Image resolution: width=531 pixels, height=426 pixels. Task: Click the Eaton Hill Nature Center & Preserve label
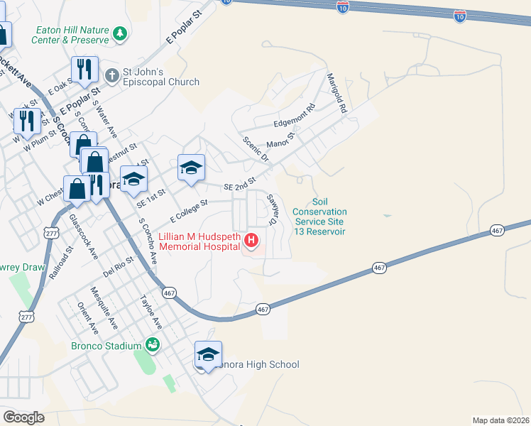pos(70,35)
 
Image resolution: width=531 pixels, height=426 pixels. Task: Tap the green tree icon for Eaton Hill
pos(121,33)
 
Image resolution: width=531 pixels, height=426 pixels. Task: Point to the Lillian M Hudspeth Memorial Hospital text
pos(199,241)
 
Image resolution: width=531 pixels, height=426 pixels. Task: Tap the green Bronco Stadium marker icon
pos(151,346)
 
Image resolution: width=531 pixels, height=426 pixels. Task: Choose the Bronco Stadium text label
pos(106,346)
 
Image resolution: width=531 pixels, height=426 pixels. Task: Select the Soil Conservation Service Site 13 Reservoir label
pos(319,217)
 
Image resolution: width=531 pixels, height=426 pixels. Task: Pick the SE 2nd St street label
pos(239,185)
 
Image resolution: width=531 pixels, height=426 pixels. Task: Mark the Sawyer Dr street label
pos(271,209)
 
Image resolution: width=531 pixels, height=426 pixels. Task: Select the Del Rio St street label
pos(119,267)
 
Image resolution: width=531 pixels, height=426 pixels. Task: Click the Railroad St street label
pos(62,266)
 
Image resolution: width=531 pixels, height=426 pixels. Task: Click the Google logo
pos(23,417)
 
